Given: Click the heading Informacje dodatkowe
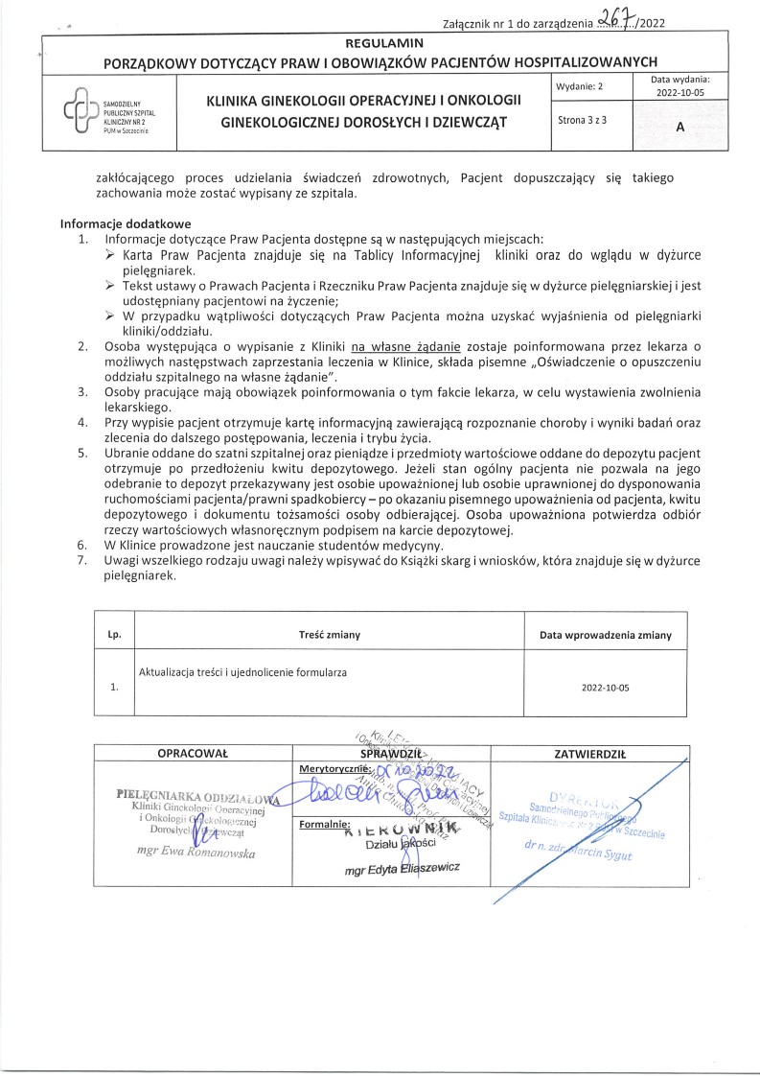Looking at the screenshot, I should (x=126, y=223).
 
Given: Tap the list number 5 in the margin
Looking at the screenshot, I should (x=83, y=452).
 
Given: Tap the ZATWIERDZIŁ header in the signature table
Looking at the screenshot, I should (x=589, y=755).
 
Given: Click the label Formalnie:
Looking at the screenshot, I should (x=326, y=824).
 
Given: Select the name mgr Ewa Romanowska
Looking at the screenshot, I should (x=196, y=852).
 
